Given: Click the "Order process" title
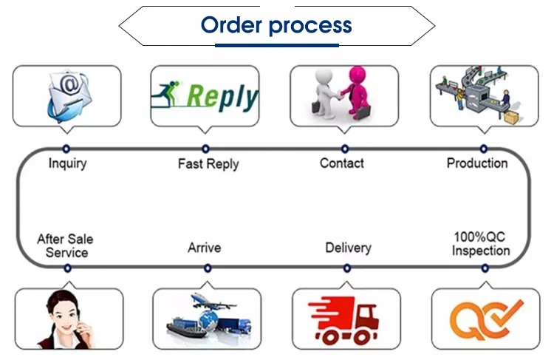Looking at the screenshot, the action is (x=276, y=24).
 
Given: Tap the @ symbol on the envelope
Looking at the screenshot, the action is (x=69, y=84).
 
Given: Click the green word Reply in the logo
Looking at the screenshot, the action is (x=222, y=97).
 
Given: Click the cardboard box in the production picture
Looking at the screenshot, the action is (x=512, y=117).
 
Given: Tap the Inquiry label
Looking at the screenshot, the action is (x=67, y=163).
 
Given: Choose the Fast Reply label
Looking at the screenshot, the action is (x=208, y=164).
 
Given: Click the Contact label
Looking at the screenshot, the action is (x=342, y=163).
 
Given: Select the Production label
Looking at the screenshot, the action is (x=477, y=163).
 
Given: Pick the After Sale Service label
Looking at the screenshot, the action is (x=65, y=245).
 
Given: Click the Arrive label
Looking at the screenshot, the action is (x=204, y=248).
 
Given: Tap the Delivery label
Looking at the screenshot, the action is (x=349, y=248).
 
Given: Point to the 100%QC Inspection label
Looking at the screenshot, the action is (x=481, y=244).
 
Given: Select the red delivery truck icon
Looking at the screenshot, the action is (x=343, y=320).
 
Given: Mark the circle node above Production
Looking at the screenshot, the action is (x=484, y=149).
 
